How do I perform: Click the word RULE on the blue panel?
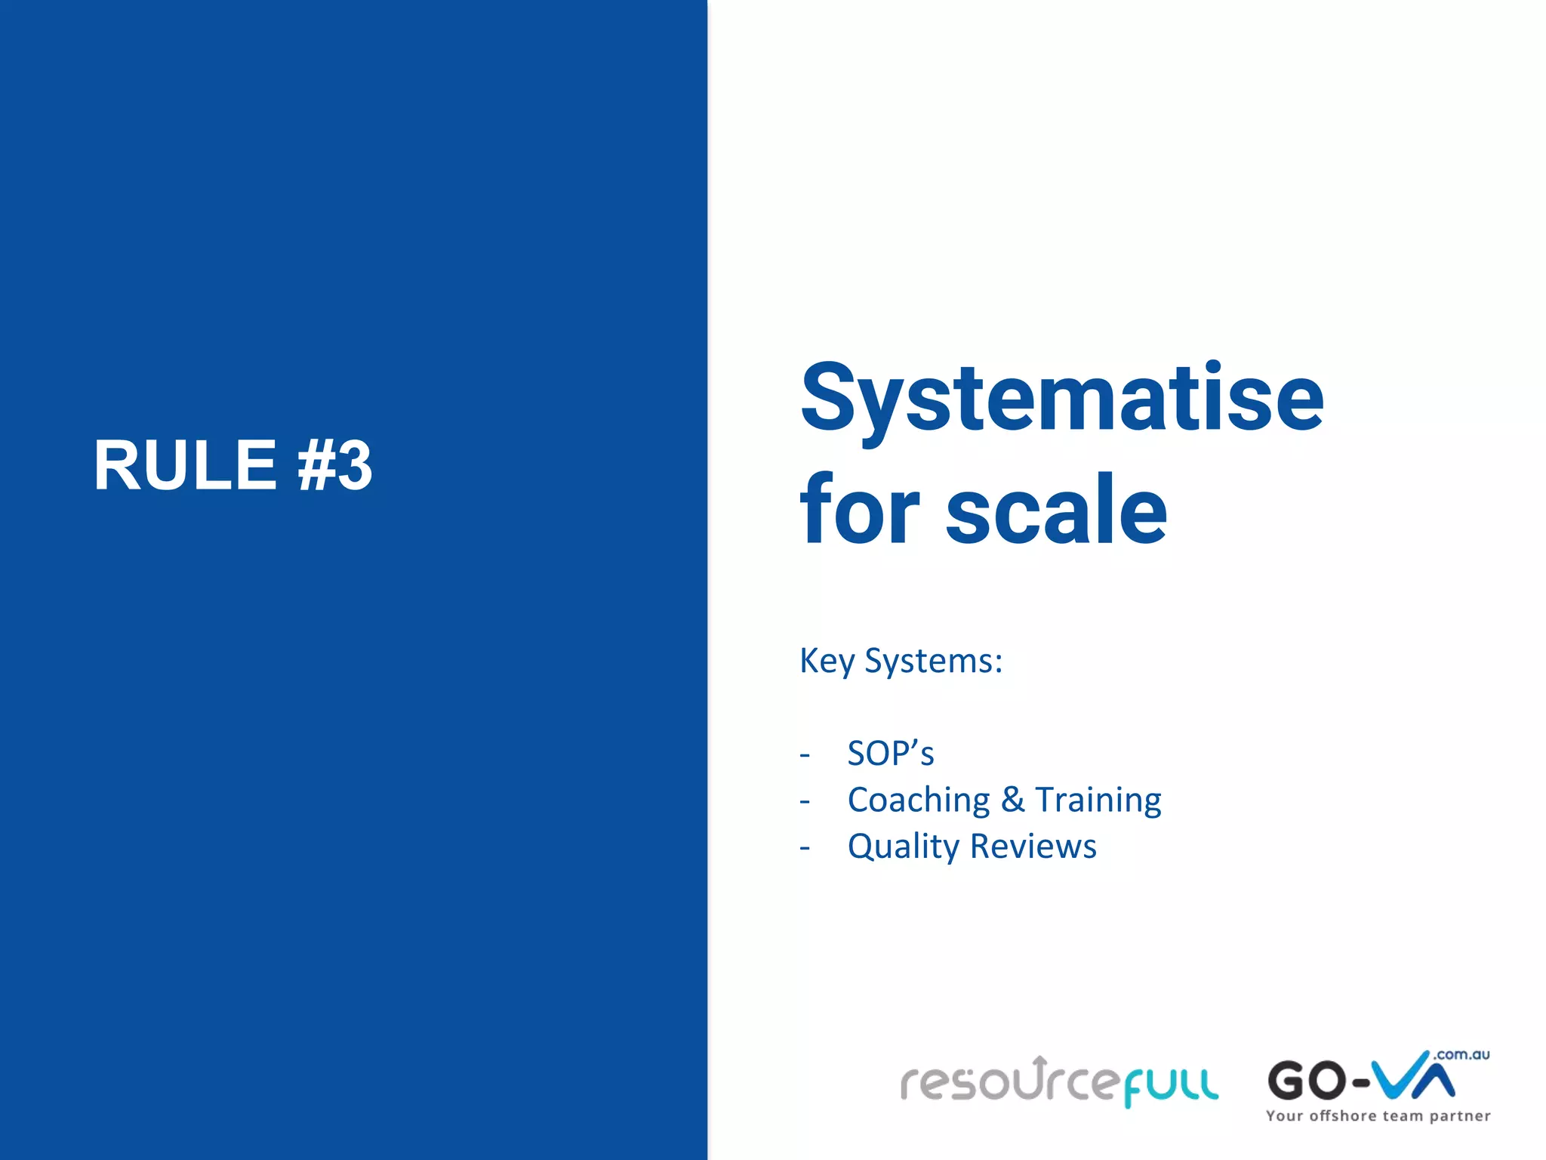pyautogui.click(x=185, y=465)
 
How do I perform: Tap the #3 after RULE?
pyautogui.click(x=334, y=465)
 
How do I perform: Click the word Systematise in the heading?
pyautogui.click(x=1061, y=398)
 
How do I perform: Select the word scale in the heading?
pyautogui.click(x=1056, y=509)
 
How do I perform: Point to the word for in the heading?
pyautogui.click(x=859, y=509)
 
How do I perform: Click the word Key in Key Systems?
pyautogui.click(x=827, y=661)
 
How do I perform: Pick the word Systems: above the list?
pyautogui.click(x=933, y=661)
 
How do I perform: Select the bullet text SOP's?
pyautogui.click(x=891, y=754)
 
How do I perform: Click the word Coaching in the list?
pyautogui.click(x=919, y=800)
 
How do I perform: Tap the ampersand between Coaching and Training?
pyautogui.click(x=1012, y=800)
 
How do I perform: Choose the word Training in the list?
pyautogui.click(x=1098, y=800)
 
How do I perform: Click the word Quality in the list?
pyautogui.click(x=903, y=847)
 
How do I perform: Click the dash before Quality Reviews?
pyautogui.click(x=805, y=848)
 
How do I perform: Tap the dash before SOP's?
pyautogui.click(x=805, y=755)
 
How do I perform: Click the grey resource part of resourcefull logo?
pyautogui.click(x=1008, y=1082)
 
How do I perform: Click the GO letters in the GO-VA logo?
pyautogui.click(x=1307, y=1081)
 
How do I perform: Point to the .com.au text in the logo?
pyautogui.click(x=1461, y=1055)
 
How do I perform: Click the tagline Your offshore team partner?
pyautogui.click(x=1378, y=1116)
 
